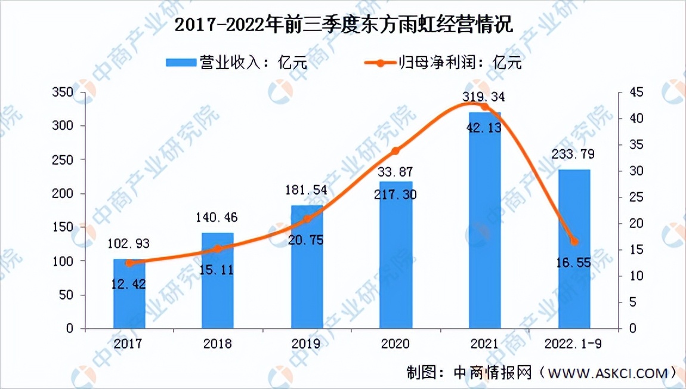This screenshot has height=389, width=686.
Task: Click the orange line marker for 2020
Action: [x=395, y=151]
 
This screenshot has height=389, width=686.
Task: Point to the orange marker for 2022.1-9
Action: [x=574, y=242]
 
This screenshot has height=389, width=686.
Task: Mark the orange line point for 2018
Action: [x=218, y=249]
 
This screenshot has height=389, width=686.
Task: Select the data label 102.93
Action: [x=129, y=244]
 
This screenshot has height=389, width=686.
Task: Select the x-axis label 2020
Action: [x=395, y=344]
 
